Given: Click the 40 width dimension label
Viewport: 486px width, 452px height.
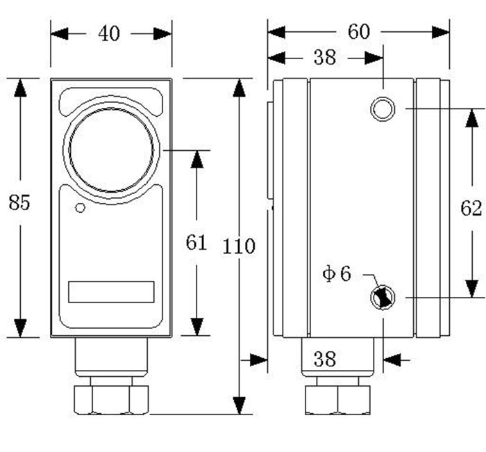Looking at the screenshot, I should (109, 33).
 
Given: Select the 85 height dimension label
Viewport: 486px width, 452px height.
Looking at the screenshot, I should (20, 202).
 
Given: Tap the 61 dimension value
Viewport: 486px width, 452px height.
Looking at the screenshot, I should (196, 242).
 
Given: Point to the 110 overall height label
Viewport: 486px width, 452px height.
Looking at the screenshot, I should (240, 245).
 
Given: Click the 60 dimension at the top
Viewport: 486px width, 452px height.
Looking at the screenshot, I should (359, 31).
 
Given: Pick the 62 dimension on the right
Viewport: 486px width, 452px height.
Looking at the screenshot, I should (471, 208).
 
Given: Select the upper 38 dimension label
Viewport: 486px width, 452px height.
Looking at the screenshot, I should (324, 58).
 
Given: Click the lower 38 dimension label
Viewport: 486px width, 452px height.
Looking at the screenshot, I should (324, 359).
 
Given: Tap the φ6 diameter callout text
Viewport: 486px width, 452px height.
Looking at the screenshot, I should (337, 274).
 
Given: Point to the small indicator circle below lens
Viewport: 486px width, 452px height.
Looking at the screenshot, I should (80, 208).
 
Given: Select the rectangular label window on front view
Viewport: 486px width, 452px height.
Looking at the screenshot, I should (111, 291).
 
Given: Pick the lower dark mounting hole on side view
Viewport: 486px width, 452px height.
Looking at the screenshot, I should (382, 298).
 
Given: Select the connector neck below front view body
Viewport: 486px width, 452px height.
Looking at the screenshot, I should (111, 356).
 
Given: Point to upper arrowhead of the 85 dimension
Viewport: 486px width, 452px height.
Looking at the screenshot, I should (20, 88).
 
